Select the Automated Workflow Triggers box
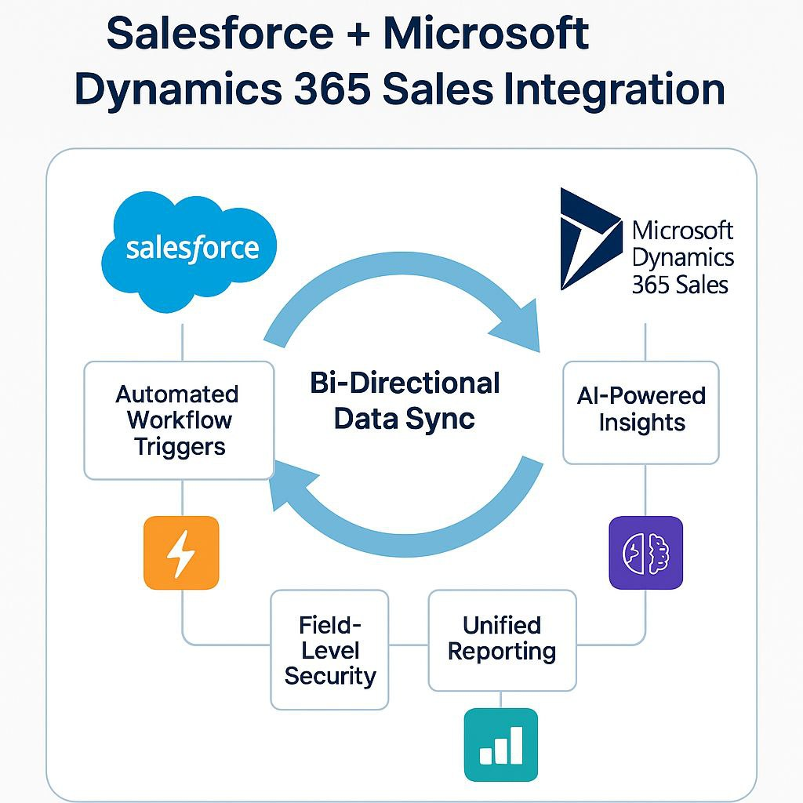180,420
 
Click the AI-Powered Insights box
641,412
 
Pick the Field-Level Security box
330,650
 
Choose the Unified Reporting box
503,640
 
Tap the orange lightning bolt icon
181,553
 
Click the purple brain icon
646,553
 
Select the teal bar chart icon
501,745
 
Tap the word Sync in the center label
440,419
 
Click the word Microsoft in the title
486,34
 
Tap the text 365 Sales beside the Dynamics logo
680,285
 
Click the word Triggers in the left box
180,447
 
